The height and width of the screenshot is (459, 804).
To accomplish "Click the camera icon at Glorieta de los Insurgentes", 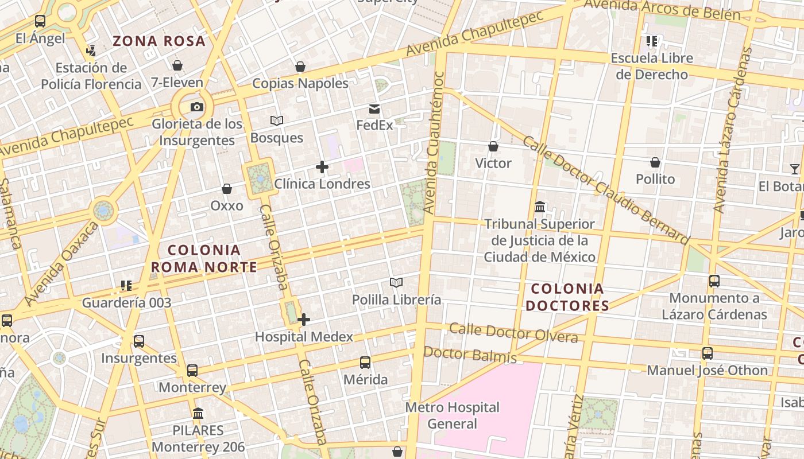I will click(x=196, y=107).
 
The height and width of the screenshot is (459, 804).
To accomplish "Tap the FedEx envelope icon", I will click(x=374, y=109).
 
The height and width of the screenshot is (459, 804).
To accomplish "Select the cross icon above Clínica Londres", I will click(x=322, y=168).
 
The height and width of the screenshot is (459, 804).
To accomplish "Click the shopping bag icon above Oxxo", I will click(x=227, y=189).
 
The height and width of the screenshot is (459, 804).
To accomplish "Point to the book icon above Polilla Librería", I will click(x=396, y=282).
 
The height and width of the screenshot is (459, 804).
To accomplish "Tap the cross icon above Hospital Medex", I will click(x=304, y=320).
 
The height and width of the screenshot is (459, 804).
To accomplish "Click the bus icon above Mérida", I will click(x=365, y=363).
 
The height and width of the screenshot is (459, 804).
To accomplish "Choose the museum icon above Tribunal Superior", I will click(x=540, y=207).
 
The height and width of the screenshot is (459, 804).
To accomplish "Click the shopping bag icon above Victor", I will click(x=493, y=146).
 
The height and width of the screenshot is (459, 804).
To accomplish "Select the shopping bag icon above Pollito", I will click(x=655, y=162).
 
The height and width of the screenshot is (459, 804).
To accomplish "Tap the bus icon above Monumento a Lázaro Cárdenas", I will click(x=714, y=281).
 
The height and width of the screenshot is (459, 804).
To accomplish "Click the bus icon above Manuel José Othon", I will click(x=708, y=353).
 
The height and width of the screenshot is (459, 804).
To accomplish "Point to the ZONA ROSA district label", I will click(x=159, y=41).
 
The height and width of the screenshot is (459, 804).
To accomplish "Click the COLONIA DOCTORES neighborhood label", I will click(x=567, y=297).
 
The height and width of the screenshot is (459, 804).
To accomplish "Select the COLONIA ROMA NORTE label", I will click(x=204, y=259).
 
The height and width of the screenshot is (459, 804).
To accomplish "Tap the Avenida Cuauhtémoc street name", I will click(x=434, y=142).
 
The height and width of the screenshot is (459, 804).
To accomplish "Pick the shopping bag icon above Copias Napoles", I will click(x=300, y=67).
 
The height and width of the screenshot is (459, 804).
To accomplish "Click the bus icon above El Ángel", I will click(x=40, y=22).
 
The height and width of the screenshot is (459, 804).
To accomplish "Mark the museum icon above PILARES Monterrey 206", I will click(x=198, y=413).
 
